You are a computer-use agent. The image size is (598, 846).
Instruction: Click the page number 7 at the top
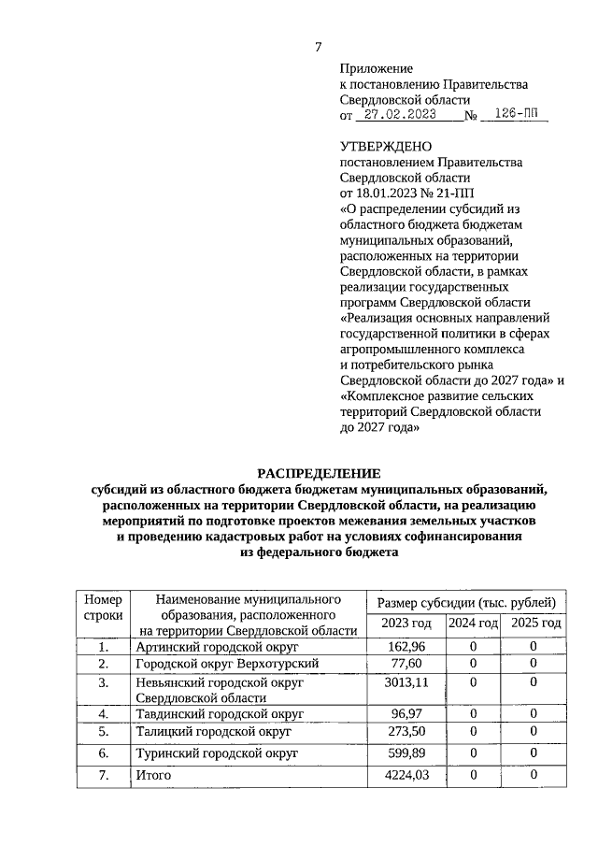click(x=318, y=47)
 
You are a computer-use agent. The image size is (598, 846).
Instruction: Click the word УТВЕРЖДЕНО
click(x=386, y=147)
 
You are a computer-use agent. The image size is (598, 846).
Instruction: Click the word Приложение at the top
click(x=376, y=69)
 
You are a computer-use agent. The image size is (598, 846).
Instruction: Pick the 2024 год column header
click(x=473, y=623)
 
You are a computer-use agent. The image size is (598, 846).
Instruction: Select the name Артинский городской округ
click(x=216, y=647)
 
